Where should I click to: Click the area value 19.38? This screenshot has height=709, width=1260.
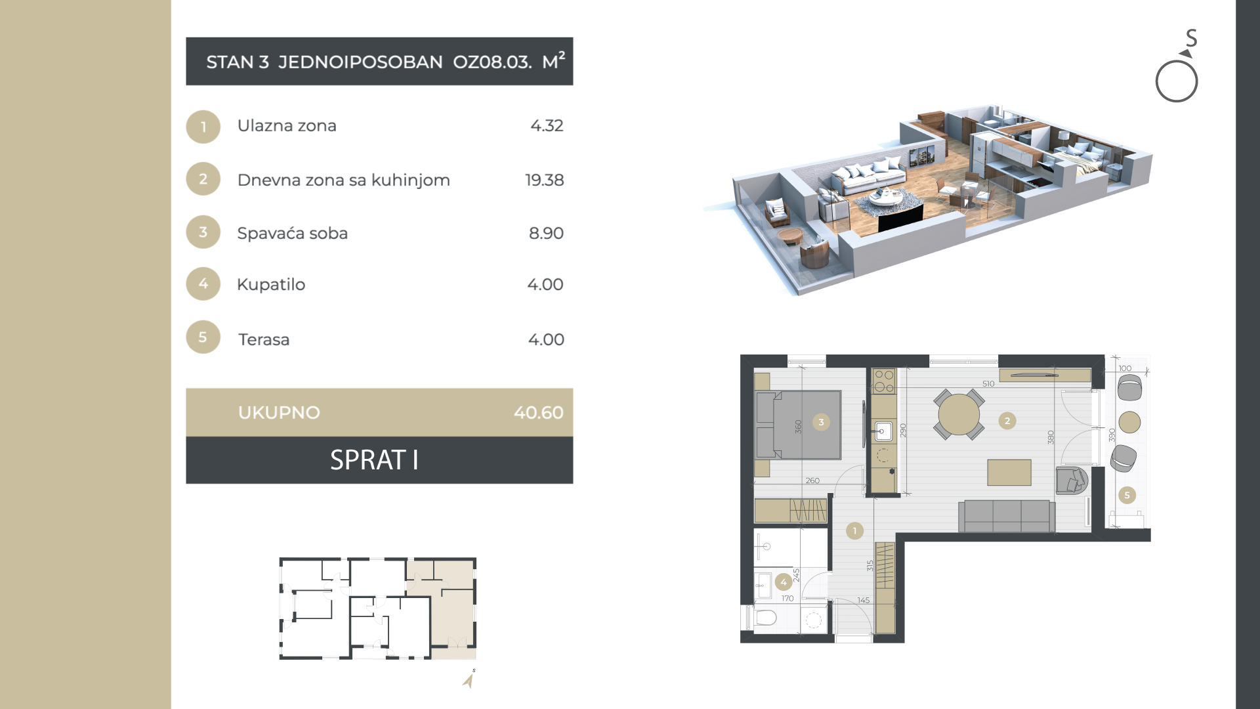pyautogui.click(x=544, y=180)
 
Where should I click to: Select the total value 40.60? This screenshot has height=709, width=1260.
pyautogui.click(x=538, y=412)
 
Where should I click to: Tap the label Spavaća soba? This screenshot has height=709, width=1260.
pyautogui.click(x=292, y=233)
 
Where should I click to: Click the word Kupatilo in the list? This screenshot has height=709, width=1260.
pyautogui.click(x=271, y=285)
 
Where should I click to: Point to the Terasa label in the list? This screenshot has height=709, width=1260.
pyautogui.click(x=264, y=339)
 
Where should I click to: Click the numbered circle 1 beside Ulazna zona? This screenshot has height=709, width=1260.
pyautogui.click(x=203, y=127)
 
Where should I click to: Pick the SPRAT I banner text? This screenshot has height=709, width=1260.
pyautogui.click(x=374, y=460)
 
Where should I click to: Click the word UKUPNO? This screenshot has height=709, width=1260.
pyautogui.click(x=279, y=412)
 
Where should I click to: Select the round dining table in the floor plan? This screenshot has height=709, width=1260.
pyautogui.click(x=959, y=414)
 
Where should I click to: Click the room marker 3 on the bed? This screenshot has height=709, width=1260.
pyautogui.click(x=821, y=422)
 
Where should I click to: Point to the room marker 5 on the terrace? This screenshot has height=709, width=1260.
pyautogui.click(x=1127, y=496)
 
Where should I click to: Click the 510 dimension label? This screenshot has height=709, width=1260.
pyautogui.click(x=988, y=384)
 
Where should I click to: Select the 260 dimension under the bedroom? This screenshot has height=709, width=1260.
pyautogui.click(x=812, y=481)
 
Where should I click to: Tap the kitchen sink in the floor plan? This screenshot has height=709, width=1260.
pyautogui.click(x=883, y=431)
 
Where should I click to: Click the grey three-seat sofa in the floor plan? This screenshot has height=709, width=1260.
pyautogui.click(x=1007, y=516)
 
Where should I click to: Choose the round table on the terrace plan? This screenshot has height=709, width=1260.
pyautogui.click(x=1129, y=422)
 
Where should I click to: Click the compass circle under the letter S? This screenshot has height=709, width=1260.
pyautogui.click(x=1177, y=81)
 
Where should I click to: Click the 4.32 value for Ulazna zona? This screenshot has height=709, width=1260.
pyautogui.click(x=547, y=125)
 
